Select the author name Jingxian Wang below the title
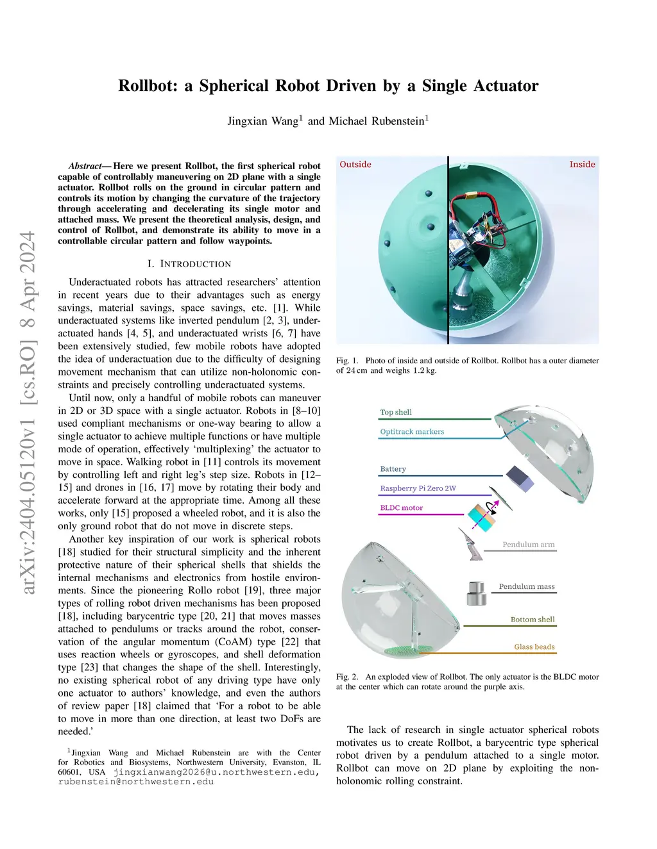click(x=262, y=121)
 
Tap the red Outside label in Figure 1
click(x=355, y=165)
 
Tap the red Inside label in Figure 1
click(x=582, y=165)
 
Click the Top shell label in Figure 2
click(x=396, y=412)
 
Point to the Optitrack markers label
click(x=412, y=432)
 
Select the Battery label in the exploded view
click(x=393, y=469)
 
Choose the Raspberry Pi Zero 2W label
click(x=418, y=488)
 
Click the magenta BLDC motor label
click(x=402, y=507)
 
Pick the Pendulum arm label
click(x=528, y=545)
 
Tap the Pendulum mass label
click(x=527, y=586)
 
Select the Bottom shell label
click(x=533, y=620)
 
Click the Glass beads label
click(x=534, y=647)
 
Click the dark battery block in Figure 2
click(x=520, y=477)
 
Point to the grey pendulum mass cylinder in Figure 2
click(x=475, y=593)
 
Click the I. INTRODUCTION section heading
click(x=189, y=264)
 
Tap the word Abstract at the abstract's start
click(x=85, y=166)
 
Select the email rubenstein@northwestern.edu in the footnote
click(x=136, y=782)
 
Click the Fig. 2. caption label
click(x=347, y=677)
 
